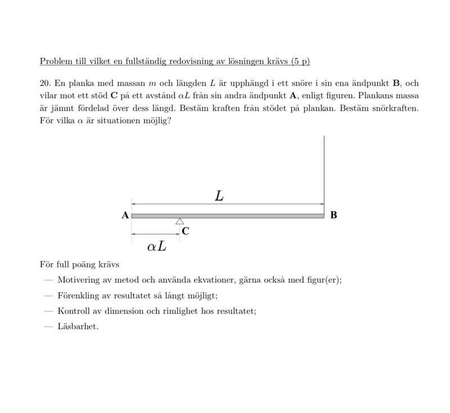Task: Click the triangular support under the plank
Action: pyautogui.click(x=179, y=221)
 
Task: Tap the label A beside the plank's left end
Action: pyautogui.click(x=125, y=215)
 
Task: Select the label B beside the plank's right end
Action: pyautogui.click(x=334, y=215)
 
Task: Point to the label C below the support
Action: pyautogui.click(x=185, y=231)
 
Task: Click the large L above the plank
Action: pyautogui.click(x=219, y=196)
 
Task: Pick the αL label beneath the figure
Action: pyautogui.click(x=156, y=246)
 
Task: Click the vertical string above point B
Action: pyautogui.click(x=325, y=169)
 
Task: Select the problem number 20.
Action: pyautogui.click(x=45, y=83)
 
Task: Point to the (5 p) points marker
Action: pyautogui.click(x=300, y=61)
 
